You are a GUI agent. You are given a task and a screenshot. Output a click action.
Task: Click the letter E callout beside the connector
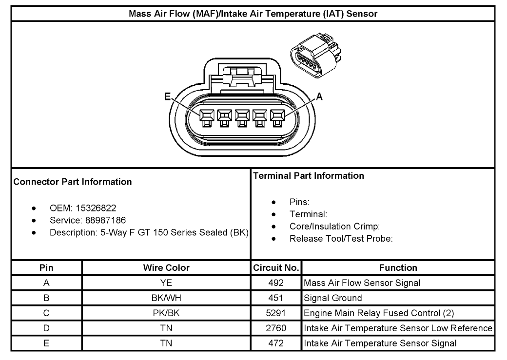(168, 97)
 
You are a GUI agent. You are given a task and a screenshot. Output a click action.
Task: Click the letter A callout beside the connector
(319, 97)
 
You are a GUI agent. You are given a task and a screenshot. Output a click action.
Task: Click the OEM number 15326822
(96, 208)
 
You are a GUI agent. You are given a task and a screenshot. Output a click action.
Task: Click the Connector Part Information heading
(73, 182)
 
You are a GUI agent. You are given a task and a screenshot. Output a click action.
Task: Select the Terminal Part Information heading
(309, 175)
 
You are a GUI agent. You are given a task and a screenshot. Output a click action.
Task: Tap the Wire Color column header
(166, 267)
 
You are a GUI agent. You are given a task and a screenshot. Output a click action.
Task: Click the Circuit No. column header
(276, 267)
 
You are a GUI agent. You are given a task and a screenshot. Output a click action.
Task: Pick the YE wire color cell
(166, 283)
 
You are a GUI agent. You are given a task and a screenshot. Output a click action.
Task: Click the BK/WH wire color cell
(166, 298)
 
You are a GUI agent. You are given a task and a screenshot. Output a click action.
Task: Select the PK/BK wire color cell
(166, 313)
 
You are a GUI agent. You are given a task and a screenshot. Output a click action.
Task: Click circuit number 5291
(276, 313)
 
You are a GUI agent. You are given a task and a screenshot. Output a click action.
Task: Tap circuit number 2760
(276, 328)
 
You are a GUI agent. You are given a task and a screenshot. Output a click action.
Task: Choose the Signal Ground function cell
(333, 298)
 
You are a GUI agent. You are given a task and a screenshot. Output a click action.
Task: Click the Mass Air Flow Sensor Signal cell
(362, 283)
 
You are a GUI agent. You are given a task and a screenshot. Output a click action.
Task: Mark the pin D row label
(46, 328)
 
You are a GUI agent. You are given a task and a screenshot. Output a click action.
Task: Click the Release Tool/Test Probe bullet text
(341, 239)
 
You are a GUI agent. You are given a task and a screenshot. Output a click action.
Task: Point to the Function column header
(398, 267)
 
